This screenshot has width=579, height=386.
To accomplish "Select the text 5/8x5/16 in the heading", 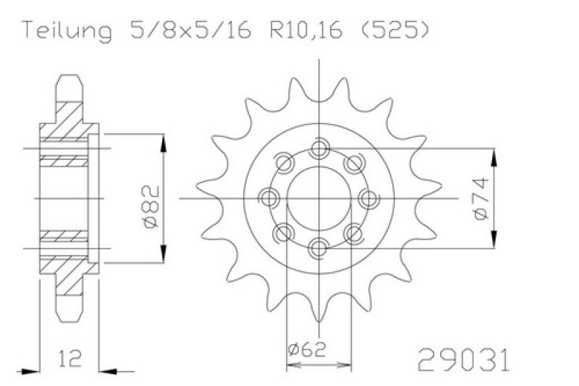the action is [x=190, y=30].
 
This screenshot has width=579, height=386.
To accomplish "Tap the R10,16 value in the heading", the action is [x=306, y=30].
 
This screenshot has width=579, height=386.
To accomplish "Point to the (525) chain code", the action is [x=394, y=30].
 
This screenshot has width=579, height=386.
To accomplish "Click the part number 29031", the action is [x=463, y=359].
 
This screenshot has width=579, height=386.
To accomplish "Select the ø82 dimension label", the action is [x=151, y=206].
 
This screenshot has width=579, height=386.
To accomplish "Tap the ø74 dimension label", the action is [x=481, y=198].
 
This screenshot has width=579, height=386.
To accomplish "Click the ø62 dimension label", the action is [x=307, y=350].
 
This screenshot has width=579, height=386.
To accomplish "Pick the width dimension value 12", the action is [x=69, y=358].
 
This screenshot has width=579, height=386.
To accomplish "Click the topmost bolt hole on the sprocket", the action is [x=319, y=148].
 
